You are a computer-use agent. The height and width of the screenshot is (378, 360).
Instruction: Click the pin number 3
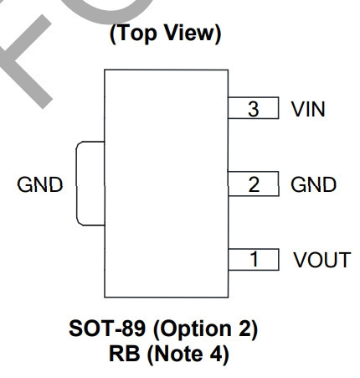[x=253, y=109]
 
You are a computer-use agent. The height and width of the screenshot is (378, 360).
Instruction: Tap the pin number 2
[x=254, y=184]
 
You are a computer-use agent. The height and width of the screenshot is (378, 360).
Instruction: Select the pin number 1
[x=255, y=259]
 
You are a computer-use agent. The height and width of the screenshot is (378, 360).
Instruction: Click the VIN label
[x=308, y=109]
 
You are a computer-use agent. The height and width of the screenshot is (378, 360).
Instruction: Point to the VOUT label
[x=322, y=260]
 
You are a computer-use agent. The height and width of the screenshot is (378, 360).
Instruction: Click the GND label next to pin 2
[x=313, y=184]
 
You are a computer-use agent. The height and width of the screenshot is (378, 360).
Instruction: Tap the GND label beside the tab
[x=40, y=184]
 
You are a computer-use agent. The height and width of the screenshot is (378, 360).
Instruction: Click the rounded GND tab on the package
[x=77, y=184]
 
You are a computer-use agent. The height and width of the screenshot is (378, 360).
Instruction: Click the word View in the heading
[x=189, y=33]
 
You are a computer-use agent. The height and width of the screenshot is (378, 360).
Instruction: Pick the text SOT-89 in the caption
[x=107, y=329]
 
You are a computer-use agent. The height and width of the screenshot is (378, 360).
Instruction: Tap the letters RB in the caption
[x=124, y=354]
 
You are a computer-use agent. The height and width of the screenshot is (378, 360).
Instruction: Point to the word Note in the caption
[x=179, y=354]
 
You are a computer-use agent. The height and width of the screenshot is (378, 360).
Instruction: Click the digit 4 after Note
[x=217, y=354]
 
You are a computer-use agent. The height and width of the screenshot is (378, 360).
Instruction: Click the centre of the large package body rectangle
[x=167, y=184]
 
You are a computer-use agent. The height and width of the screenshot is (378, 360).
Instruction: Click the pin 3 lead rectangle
[x=254, y=108]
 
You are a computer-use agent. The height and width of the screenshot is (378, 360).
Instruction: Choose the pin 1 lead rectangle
[x=254, y=260]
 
